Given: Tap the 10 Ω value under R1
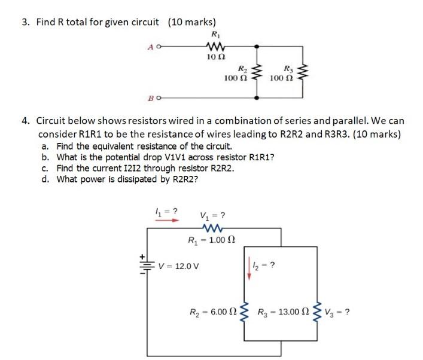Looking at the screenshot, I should point(214,57).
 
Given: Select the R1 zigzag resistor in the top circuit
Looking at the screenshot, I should point(214,45).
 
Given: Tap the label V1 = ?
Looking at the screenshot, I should point(212,215).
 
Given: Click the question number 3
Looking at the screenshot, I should point(25,23).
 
